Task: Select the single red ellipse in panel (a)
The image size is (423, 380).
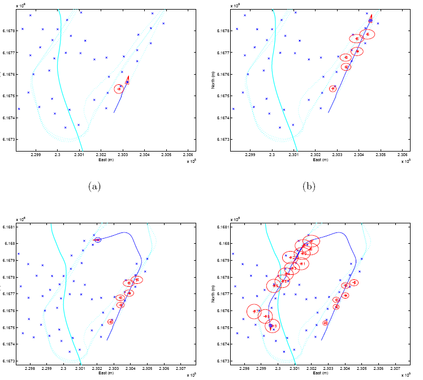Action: click(x=119, y=89)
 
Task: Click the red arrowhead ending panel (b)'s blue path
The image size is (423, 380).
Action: click(x=371, y=20)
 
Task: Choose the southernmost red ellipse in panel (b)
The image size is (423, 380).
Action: click(x=333, y=88)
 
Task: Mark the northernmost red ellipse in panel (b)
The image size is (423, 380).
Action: click(x=367, y=34)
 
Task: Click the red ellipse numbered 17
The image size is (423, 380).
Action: click(x=255, y=311)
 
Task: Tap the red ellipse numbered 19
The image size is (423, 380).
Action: click(x=273, y=326)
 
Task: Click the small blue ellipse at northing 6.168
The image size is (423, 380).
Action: click(x=98, y=240)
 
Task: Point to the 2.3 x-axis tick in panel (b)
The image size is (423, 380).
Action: click(x=271, y=154)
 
